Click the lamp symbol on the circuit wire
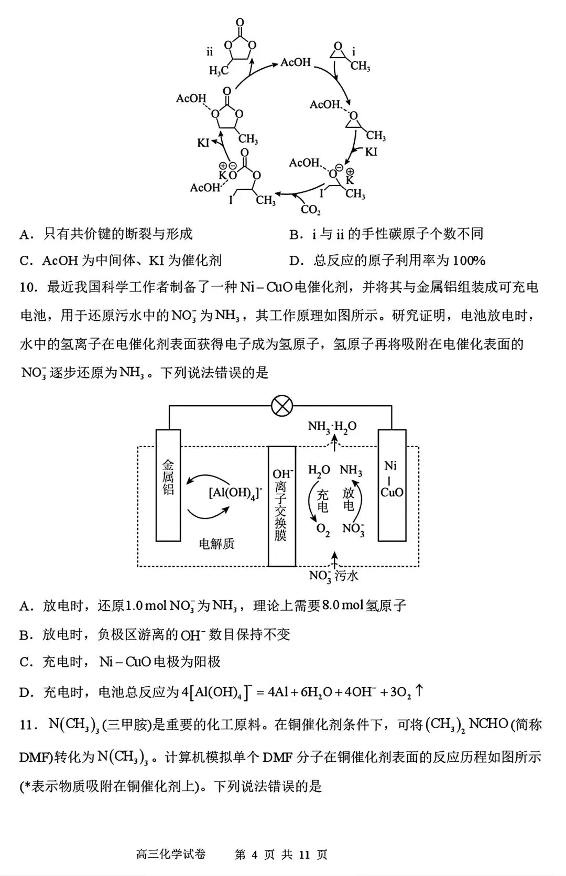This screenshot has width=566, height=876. point(282,406)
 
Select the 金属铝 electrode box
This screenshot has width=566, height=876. point(168,485)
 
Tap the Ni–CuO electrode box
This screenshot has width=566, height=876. point(392,485)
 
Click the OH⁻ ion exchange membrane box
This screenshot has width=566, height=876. point(281,506)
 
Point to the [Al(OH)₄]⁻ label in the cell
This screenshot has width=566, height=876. point(235,493)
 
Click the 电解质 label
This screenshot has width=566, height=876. point(216,544)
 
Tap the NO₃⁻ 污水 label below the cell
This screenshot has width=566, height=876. point(334,576)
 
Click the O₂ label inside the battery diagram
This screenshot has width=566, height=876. point(323,529)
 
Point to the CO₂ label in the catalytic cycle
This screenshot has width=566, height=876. point(310,210)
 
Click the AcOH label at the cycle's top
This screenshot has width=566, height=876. point(296,62)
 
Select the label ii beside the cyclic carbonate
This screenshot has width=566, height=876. point(210,51)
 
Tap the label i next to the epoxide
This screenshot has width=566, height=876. point(354,51)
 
